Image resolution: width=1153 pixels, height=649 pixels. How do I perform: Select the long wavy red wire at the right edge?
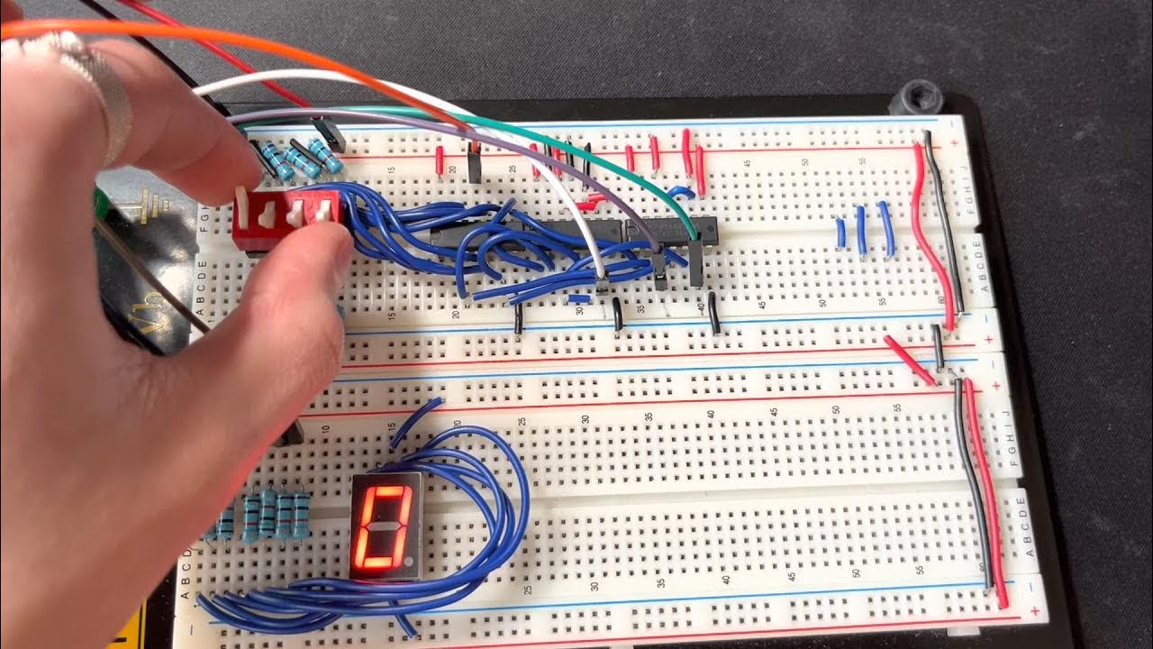928,234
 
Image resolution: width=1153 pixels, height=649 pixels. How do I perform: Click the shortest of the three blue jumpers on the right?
840,233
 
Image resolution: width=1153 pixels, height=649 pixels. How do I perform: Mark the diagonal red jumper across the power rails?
910,360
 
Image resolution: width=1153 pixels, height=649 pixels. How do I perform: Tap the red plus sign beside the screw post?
953,142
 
